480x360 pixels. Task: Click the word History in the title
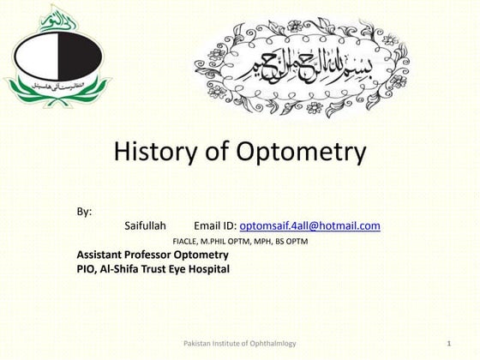(x=155, y=153)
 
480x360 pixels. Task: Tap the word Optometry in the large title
(x=298, y=154)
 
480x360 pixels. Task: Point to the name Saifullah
(x=146, y=225)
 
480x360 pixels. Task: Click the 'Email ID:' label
(x=215, y=225)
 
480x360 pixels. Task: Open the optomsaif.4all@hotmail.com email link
(x=309, y=225)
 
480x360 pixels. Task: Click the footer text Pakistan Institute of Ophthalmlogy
(x=240, y=343)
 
